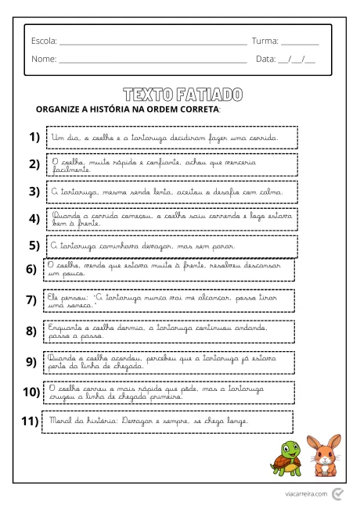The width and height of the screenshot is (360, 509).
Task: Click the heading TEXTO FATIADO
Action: (182, 94)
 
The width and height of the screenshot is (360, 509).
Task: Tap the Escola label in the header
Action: (44, 40)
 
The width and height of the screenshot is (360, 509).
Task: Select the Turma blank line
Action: (300, 41)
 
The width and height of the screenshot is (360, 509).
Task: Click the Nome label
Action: (43, 59)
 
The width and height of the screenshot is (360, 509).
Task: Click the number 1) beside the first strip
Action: (34, 138)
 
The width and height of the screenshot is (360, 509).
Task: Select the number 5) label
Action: (34, 245)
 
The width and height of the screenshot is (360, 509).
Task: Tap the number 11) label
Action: (30, 421)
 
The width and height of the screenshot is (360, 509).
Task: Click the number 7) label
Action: (31, 299)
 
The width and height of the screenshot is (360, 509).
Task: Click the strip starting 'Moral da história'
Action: (168, 422)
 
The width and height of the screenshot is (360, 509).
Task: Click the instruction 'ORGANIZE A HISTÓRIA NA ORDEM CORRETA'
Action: (128, 109)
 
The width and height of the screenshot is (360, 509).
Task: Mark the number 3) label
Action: (34, 191)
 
